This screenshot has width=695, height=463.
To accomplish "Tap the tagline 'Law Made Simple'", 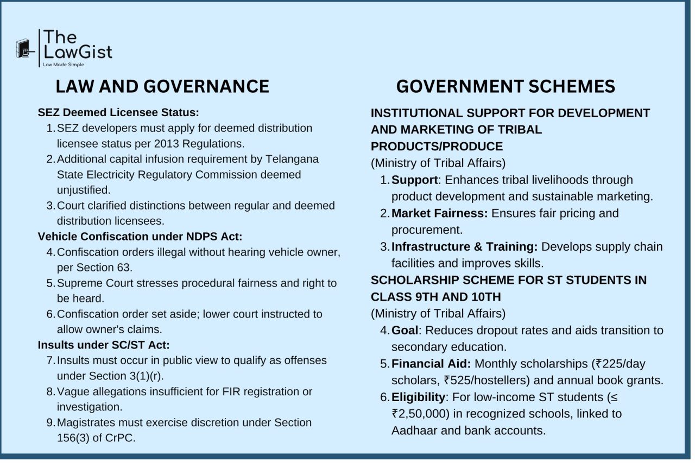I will (x=64, y=65).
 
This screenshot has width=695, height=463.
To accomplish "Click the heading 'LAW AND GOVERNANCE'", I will (x=162, y=86).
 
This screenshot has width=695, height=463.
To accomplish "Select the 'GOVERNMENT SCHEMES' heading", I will (x=506, y=86).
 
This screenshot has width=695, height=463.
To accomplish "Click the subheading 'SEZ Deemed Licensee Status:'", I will (x=118, y=113).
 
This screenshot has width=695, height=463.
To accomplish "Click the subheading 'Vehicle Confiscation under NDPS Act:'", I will (x=140, y=237).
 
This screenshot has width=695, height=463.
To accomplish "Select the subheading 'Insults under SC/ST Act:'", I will (x=104, y=345).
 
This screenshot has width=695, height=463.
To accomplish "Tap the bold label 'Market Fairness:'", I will (x=439, y=213).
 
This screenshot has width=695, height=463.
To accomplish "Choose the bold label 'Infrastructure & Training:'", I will (x=464, y=247).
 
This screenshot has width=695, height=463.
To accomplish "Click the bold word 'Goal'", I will (x=405, y=331).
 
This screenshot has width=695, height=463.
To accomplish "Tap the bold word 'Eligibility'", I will (x=418, y=397).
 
